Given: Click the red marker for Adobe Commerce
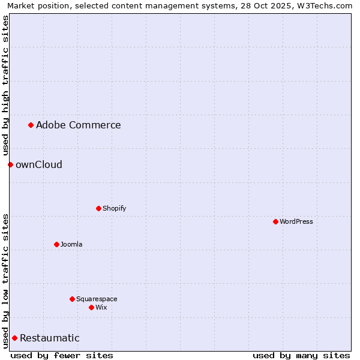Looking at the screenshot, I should (x=31, y=125).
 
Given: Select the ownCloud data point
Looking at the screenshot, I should (x=10, y=164).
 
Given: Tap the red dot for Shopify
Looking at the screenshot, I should (x=98, y=208).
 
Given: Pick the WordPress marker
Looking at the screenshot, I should (x=275, y=221).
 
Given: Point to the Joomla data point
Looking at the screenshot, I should (x=56, y=244).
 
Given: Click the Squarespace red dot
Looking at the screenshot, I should (x=72, y=299).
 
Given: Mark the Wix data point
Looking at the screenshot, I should (x=91, y=307).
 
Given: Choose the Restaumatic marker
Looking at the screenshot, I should (x=14, y=338).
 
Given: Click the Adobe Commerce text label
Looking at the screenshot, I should (x=78, y=125).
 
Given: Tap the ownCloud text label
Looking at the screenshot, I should (x=38, y=164).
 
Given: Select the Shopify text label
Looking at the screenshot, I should (x=114, y=208).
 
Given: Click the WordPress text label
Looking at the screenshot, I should (x=296, y=221).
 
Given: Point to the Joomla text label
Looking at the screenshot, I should (x=71, y=244).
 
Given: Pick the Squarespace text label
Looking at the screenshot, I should (x=97, y=299).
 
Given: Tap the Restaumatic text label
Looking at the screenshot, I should (x=49, y=338).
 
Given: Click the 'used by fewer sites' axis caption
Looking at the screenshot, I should (x=62, y=355).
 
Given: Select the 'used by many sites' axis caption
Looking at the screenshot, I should (x=301, y=355).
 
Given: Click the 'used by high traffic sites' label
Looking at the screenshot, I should (x=5, y=85).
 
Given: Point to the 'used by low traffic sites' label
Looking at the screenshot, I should (x=5, y=280).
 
